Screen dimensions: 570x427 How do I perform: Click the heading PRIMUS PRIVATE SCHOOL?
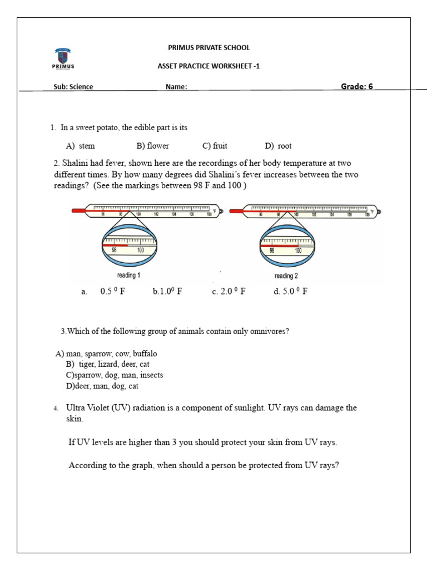209,48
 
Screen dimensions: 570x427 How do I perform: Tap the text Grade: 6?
356,86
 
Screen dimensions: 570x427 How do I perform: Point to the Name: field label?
176,87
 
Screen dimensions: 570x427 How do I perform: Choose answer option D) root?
278,146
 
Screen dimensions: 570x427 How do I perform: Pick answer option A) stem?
80,146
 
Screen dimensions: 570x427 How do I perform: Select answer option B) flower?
152,146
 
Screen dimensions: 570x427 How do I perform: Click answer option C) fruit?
215,146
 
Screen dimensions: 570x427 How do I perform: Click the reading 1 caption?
128,276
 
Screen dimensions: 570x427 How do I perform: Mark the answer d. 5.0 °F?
290,291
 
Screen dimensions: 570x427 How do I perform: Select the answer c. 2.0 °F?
229,291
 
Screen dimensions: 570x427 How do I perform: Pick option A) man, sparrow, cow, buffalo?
106,353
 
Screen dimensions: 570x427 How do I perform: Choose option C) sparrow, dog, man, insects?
114,375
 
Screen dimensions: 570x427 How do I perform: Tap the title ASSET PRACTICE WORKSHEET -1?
209,66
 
